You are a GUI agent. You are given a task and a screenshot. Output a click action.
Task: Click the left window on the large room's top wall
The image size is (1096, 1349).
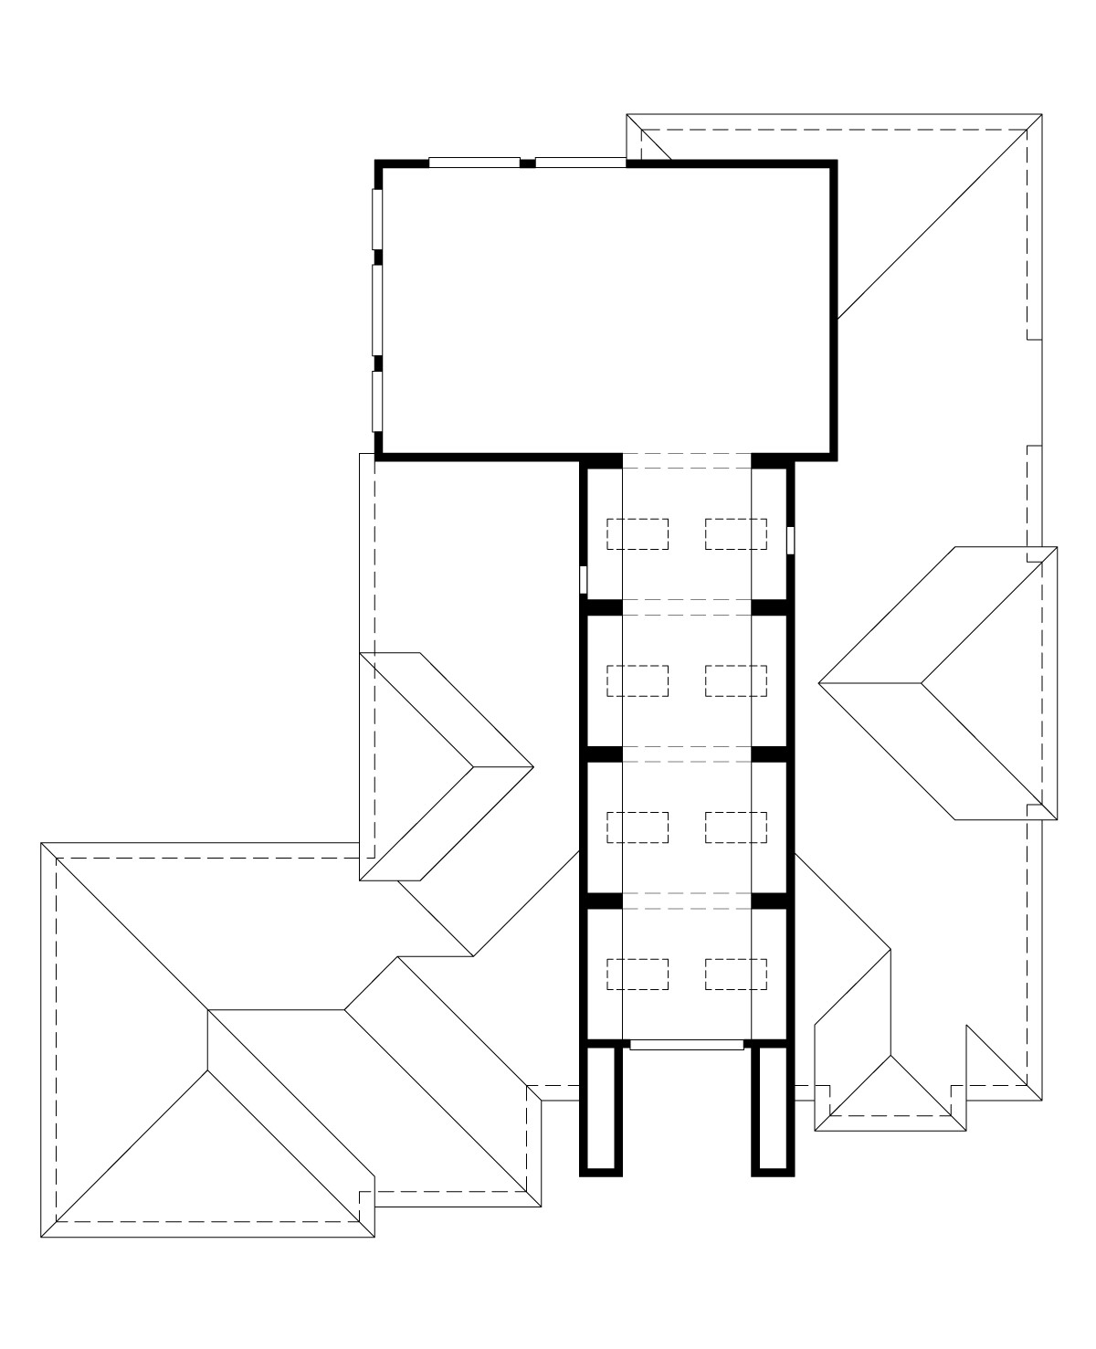click(474, 163)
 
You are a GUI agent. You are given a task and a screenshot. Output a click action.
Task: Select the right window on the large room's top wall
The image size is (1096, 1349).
click(580, 163)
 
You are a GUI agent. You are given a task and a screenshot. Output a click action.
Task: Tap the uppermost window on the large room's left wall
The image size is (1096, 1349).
click(377, 218)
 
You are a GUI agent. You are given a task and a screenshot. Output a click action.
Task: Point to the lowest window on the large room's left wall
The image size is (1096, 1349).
click(377, 400)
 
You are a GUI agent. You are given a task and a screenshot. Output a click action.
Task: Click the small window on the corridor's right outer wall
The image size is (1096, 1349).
click(791, 540)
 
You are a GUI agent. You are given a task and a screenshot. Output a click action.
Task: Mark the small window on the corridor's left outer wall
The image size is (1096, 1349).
click(584, 580)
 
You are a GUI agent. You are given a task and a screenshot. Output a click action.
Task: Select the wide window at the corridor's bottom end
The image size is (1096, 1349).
click(687, 1044)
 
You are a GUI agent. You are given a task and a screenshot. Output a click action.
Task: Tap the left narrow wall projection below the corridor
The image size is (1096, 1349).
click(601, 1107)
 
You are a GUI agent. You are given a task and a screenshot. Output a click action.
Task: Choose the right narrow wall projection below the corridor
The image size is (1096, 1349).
click(773, 1107)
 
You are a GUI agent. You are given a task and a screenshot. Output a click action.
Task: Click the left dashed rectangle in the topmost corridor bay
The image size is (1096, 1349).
click(638, 533)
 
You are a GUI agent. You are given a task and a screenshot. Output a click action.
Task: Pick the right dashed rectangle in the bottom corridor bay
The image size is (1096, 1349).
click(735, 974)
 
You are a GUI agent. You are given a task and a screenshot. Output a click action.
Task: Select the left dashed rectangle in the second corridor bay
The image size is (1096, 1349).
click(638, 680)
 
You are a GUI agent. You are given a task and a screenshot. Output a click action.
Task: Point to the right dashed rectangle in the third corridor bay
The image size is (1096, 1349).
click(735, 827)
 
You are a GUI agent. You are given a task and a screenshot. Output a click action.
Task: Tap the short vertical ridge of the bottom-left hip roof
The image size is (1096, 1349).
click(208, 1039)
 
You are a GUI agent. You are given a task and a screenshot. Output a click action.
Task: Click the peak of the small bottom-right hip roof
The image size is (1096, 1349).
click(890, 1057)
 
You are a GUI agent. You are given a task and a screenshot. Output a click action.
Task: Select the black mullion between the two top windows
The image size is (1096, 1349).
click(527, 163)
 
